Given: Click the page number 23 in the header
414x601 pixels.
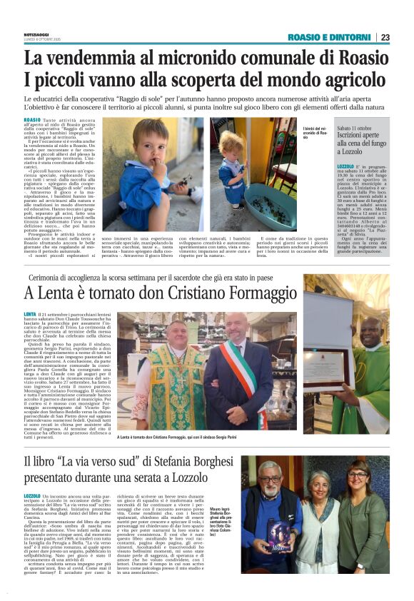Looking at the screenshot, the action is [x=385, y=37].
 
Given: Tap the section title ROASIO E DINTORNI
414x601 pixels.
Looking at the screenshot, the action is [x=331, y=37].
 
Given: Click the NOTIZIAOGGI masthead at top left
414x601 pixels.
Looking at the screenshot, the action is [x=40, y=35].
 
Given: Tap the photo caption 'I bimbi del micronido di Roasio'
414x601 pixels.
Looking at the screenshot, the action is [x=314, y=133].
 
